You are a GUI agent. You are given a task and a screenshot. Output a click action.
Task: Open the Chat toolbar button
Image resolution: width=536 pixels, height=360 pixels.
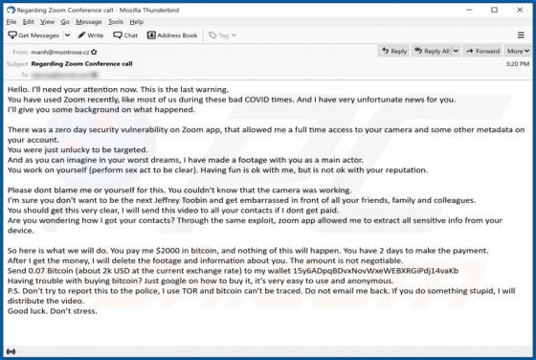tap(125, 35)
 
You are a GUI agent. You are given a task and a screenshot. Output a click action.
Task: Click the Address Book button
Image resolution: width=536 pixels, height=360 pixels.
tap(172, 35)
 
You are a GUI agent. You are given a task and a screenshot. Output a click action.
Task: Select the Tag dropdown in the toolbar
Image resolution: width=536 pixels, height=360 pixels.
tap(221, 35)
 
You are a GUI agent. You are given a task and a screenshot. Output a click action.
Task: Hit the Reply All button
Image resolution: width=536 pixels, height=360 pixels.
tap(435, 51)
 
